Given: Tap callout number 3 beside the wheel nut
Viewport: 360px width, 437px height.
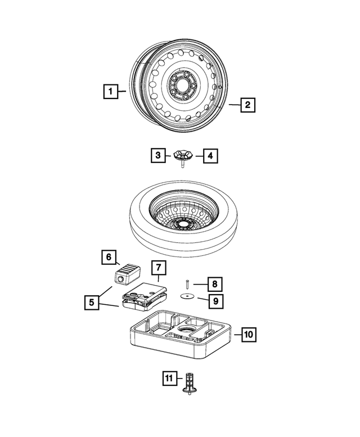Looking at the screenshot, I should [159, 155].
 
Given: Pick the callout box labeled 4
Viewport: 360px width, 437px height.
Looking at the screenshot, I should [210, 155].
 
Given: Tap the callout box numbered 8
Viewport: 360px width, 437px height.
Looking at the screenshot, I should [214, 283].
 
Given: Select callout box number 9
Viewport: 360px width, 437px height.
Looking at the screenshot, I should [214, 301].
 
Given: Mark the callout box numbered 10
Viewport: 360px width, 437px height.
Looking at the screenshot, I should [249, 334].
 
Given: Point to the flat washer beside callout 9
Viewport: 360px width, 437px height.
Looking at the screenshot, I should [186, 296].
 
